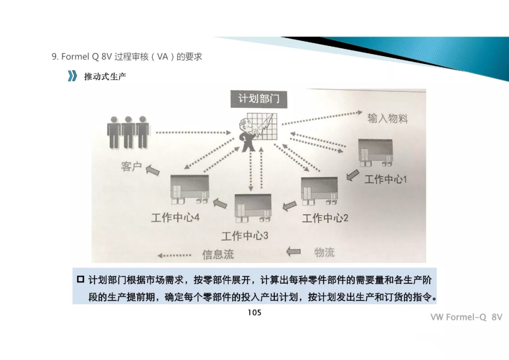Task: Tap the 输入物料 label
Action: point(387,118)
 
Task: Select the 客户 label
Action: point(131,166)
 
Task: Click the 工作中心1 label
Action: point(385,179)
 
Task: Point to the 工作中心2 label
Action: point(325,218)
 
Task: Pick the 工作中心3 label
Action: point(245,235)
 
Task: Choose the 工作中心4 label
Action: point(175,218)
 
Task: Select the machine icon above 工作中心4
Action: point(189,189)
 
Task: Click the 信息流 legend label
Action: point(218,255)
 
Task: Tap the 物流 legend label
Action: point(324,252)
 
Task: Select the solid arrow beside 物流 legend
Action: point(294,252)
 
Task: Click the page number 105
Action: point(254,312)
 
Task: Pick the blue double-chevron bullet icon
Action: point(72,76)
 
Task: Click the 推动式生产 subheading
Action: point(105,76)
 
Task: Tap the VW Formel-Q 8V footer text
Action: point(466,317)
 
